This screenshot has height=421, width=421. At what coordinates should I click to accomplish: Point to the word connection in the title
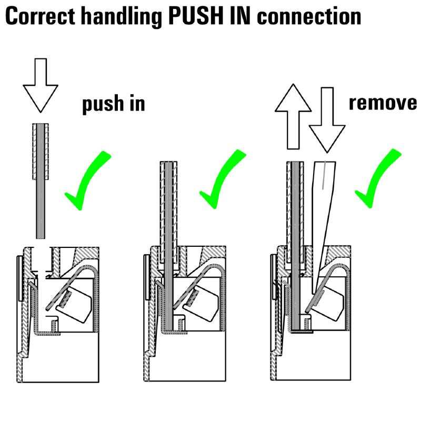pyautogui.click(x=310, y=17)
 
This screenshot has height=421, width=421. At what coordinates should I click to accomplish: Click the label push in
pyautogui.click(x=113, y=104)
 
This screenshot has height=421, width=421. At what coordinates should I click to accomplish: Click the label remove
pyautogui.click(x=383, y=103)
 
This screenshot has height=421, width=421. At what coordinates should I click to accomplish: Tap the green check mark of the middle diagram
pyautogui.click(x=222, y=182)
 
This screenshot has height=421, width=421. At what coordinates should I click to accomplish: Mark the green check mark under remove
pyautogui.click(x=377, y=179)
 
